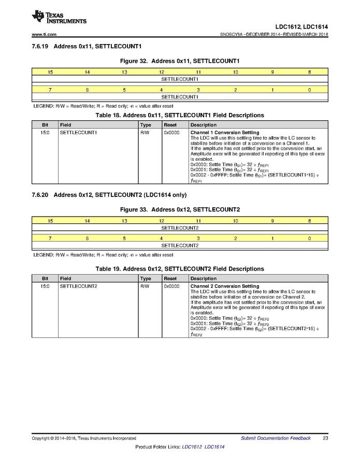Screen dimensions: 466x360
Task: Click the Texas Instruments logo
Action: [x=59, y=17]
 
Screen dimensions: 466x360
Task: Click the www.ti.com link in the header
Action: [x=44, y=35]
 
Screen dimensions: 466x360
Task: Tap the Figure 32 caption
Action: [x=180, y=61]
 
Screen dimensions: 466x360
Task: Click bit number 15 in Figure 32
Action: [x=50, y=72]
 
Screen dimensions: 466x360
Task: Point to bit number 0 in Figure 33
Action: [x=309, y=238]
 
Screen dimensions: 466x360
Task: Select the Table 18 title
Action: [x=180, y=115]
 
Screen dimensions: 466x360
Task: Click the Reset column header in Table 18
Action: [x=170, y=125]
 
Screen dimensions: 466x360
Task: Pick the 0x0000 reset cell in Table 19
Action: [x=171, y=286]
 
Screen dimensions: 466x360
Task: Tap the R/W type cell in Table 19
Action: [x=145, y=286]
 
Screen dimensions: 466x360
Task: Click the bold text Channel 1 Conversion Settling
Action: [x=225, y=133]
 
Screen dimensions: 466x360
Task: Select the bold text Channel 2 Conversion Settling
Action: [x=225, y=286]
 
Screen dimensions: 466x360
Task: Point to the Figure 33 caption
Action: [x=180, y=209]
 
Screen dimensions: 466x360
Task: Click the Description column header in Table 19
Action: [x=204, y=278]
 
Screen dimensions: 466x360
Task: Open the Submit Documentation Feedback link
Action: [x=276, y=439]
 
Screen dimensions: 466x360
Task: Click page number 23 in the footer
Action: [x=325, y=439]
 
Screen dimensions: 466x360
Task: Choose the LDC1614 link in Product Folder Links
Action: [x=214, y=447]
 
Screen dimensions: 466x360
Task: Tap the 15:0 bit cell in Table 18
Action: [x=45, y=133]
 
